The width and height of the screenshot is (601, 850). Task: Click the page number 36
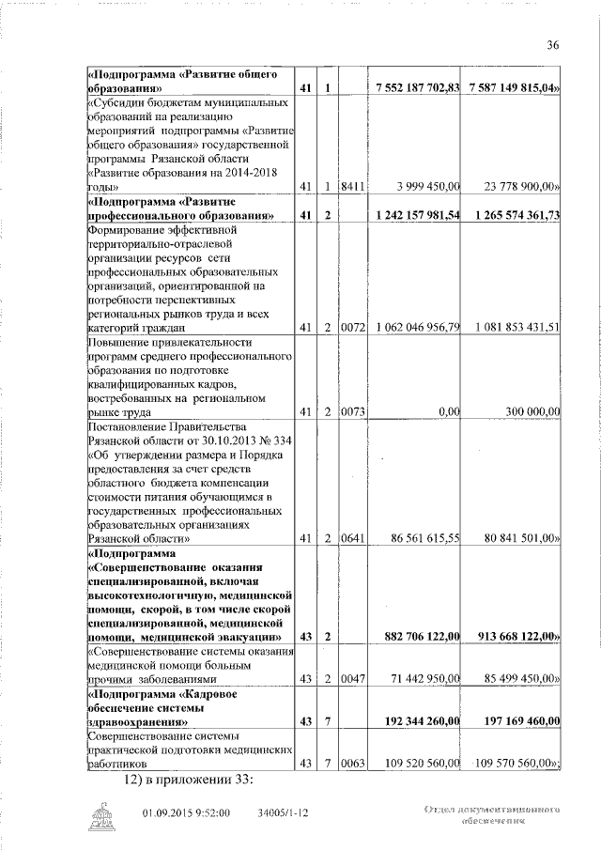[x=552, y=44]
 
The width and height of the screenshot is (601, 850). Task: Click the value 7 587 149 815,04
[x=513, y=87]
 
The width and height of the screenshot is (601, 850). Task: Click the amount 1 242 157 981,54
[x=416, y=216]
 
